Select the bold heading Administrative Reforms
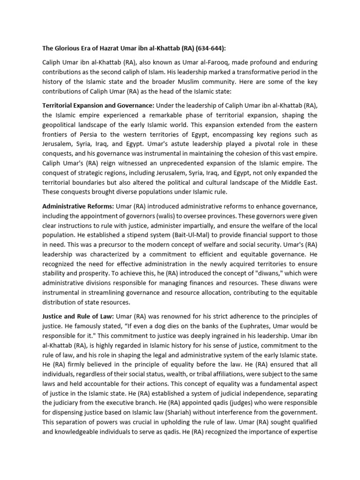(78, 206)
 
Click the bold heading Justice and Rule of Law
(78, 316)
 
